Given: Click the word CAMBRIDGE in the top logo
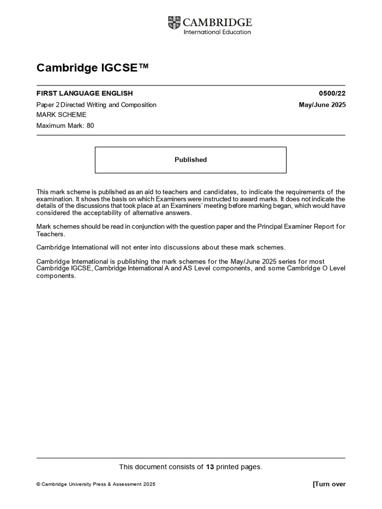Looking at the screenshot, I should (x=217, y=22).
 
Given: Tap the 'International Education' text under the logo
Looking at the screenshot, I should (x=217, y=32).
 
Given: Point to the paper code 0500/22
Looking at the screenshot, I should (x=332, y=93).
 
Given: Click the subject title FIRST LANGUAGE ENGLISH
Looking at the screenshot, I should (x=85, y=93).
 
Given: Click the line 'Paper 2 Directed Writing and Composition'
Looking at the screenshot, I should (x=96, y=104).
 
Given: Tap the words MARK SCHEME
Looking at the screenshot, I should (x=61, y=115).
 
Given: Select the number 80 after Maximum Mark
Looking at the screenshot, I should (x=90, y=125).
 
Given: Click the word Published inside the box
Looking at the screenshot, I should (x=191, y=160).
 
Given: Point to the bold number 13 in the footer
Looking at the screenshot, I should (x=210, y=466).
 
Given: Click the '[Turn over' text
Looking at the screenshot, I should (x=329, y=484).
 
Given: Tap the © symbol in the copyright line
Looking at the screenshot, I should (x=38, y=485).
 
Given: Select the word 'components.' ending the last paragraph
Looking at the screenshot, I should (x=56, y=276).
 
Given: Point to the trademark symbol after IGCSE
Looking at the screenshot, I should (x=143, y=67).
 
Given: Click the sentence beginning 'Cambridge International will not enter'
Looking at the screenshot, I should (x=161, y=248).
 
